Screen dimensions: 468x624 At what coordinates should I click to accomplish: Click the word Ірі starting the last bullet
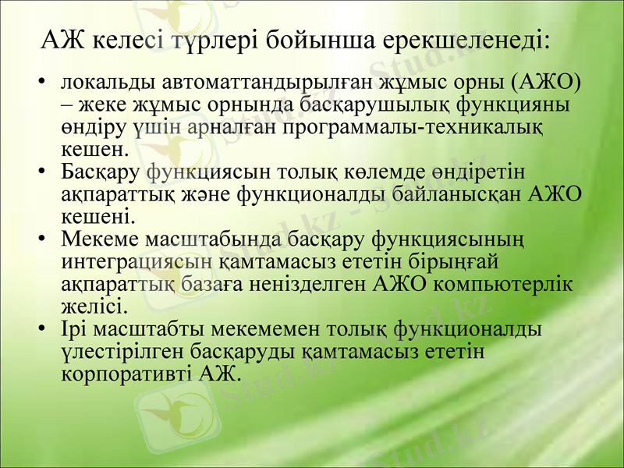(76, 329)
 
